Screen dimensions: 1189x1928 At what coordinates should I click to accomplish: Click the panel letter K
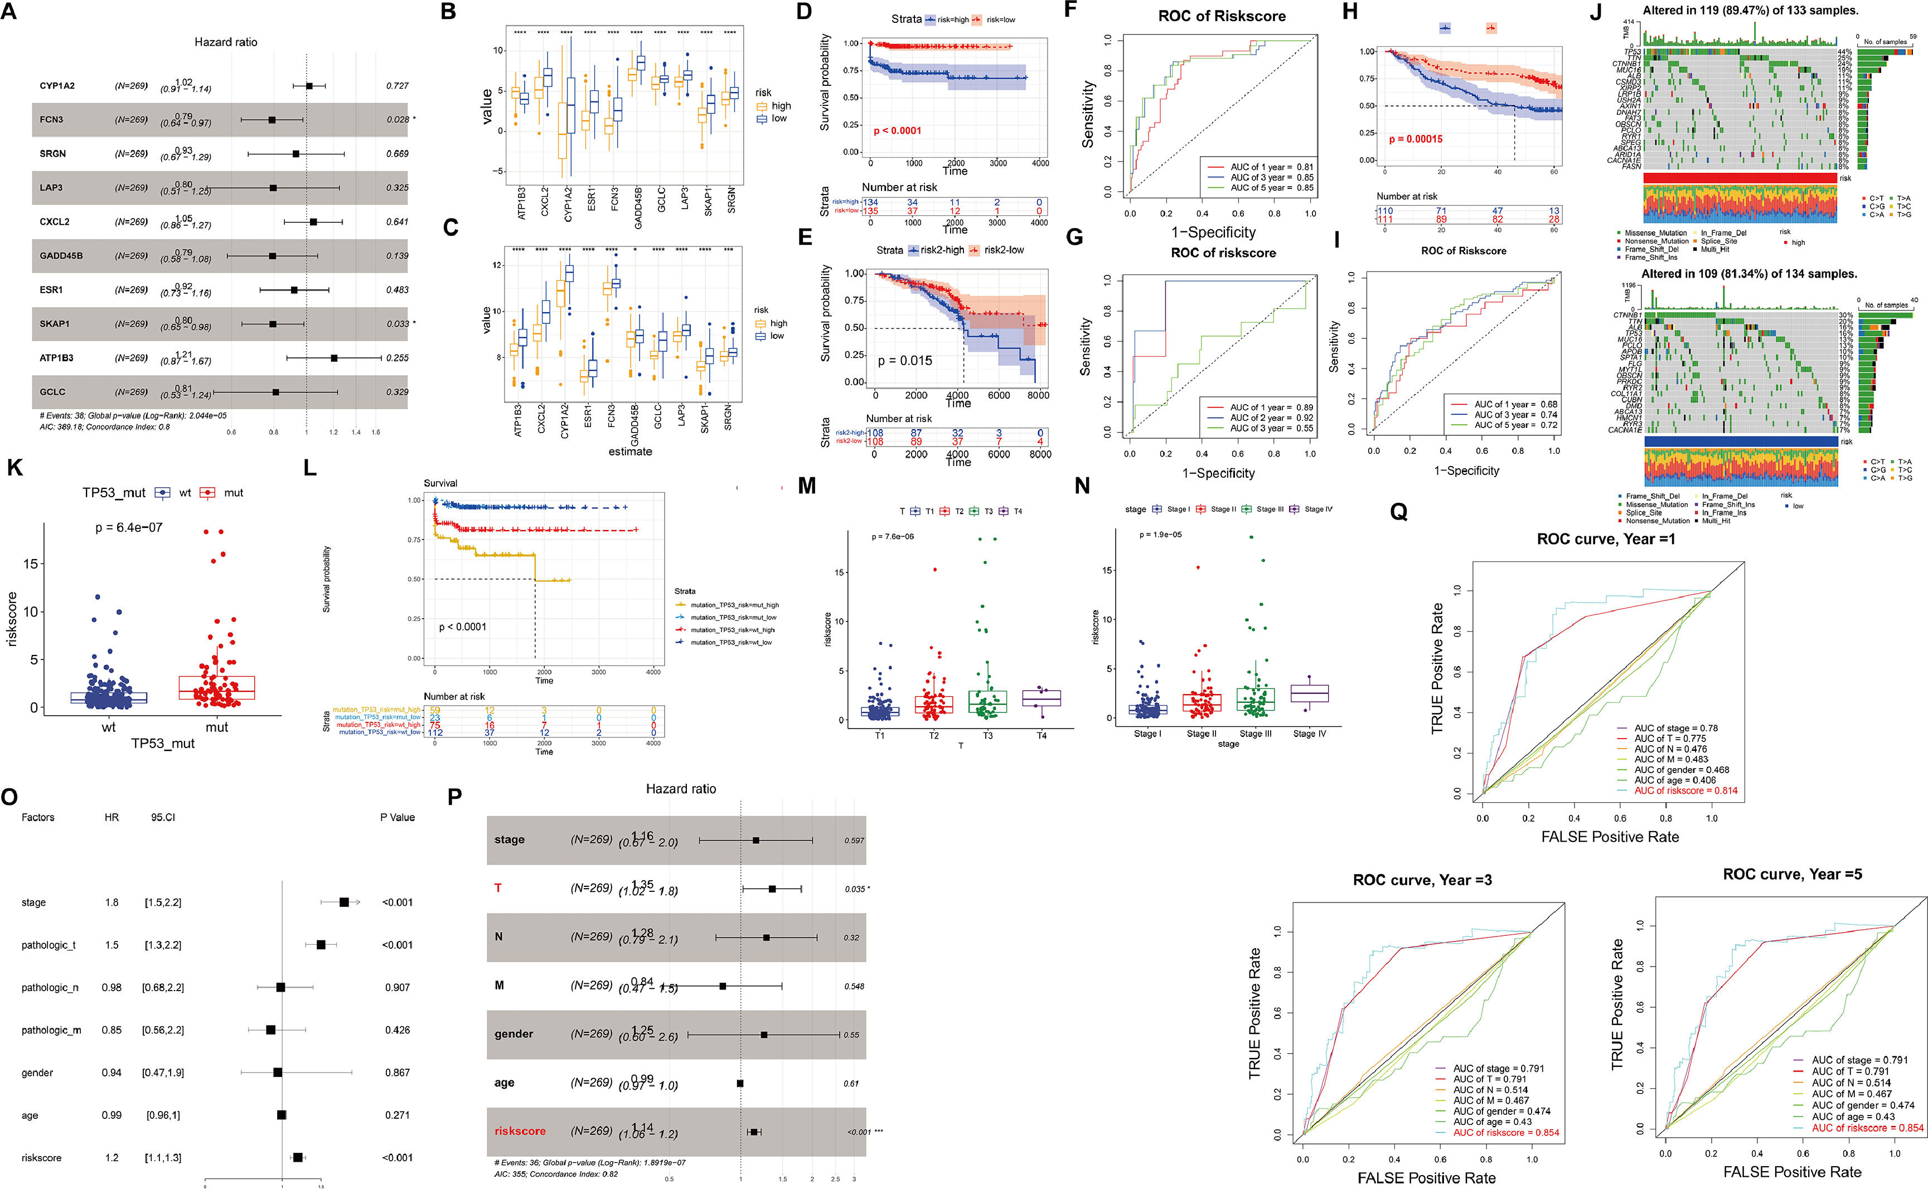pyautogui.click(x=13, y=469)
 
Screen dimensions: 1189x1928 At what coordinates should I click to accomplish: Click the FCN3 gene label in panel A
pyautogui.click(x=51, y=119)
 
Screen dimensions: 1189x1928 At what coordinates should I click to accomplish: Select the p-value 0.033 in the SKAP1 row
pyautogui.click(x=397, y=324)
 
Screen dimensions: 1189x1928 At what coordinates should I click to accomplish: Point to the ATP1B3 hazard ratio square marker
pyautogui.click(x=334, y=358)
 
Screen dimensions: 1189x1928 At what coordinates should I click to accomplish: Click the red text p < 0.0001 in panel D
pyautogui.click(x=897, y=130)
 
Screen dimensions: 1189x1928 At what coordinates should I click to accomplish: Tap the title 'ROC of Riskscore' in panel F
pyautogui.click(x=1221, y=16)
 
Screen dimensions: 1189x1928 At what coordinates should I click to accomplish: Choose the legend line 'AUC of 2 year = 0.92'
pyautogui.click(x=1271, y=418)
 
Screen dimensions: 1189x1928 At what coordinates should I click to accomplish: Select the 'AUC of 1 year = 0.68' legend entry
pyautogui.click(x=1515, y=404)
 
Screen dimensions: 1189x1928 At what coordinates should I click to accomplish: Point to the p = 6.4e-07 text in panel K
pyautogui.click(x=129, y=528)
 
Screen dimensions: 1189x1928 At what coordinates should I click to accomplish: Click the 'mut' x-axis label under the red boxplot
pyautogui.click(x=217, y=727)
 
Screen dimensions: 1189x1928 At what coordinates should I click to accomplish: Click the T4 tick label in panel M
pyautogui.click(x=1041, y=735)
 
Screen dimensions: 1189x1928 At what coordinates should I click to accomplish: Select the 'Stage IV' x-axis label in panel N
pyautogui.click(x=1309, y=734)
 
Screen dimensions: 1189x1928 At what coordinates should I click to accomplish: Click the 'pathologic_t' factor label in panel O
pyautogui.click(x=49, y=944)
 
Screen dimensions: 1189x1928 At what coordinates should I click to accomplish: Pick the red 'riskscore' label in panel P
pyautogui.click(x=520, y=1131)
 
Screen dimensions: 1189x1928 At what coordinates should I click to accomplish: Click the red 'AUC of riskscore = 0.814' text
pyautogui.click(x=1686, y=790)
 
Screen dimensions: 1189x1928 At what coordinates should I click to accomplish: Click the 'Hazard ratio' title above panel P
pyautogui.click(x=681, y=789)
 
